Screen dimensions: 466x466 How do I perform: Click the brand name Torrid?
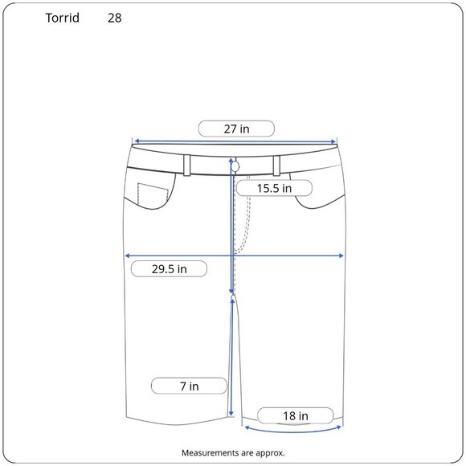pyautogui.click(x=63, y=18)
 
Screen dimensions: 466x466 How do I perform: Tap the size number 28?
pyautogui.click(x=114, y=18)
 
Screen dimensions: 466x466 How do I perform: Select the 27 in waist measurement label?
pyautogui.click(x=236, y=129)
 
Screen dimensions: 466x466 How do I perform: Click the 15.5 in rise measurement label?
pyautogui.click(x=274, y=188)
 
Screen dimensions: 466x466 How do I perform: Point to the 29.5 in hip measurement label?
pyautogui.click(x=169, y=269)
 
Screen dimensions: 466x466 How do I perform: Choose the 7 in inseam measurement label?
pyautogui.click(x=189, y=386)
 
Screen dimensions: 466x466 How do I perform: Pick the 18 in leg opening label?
pyautogui.click(x=296, y=415)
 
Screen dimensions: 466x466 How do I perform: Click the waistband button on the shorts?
pyautogui.click(x=235, y=167)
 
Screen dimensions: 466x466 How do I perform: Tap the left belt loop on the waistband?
pyautogui.click(x=187, y=166)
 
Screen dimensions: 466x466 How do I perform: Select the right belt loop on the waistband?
pyautogui.click(x=276, y=166)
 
